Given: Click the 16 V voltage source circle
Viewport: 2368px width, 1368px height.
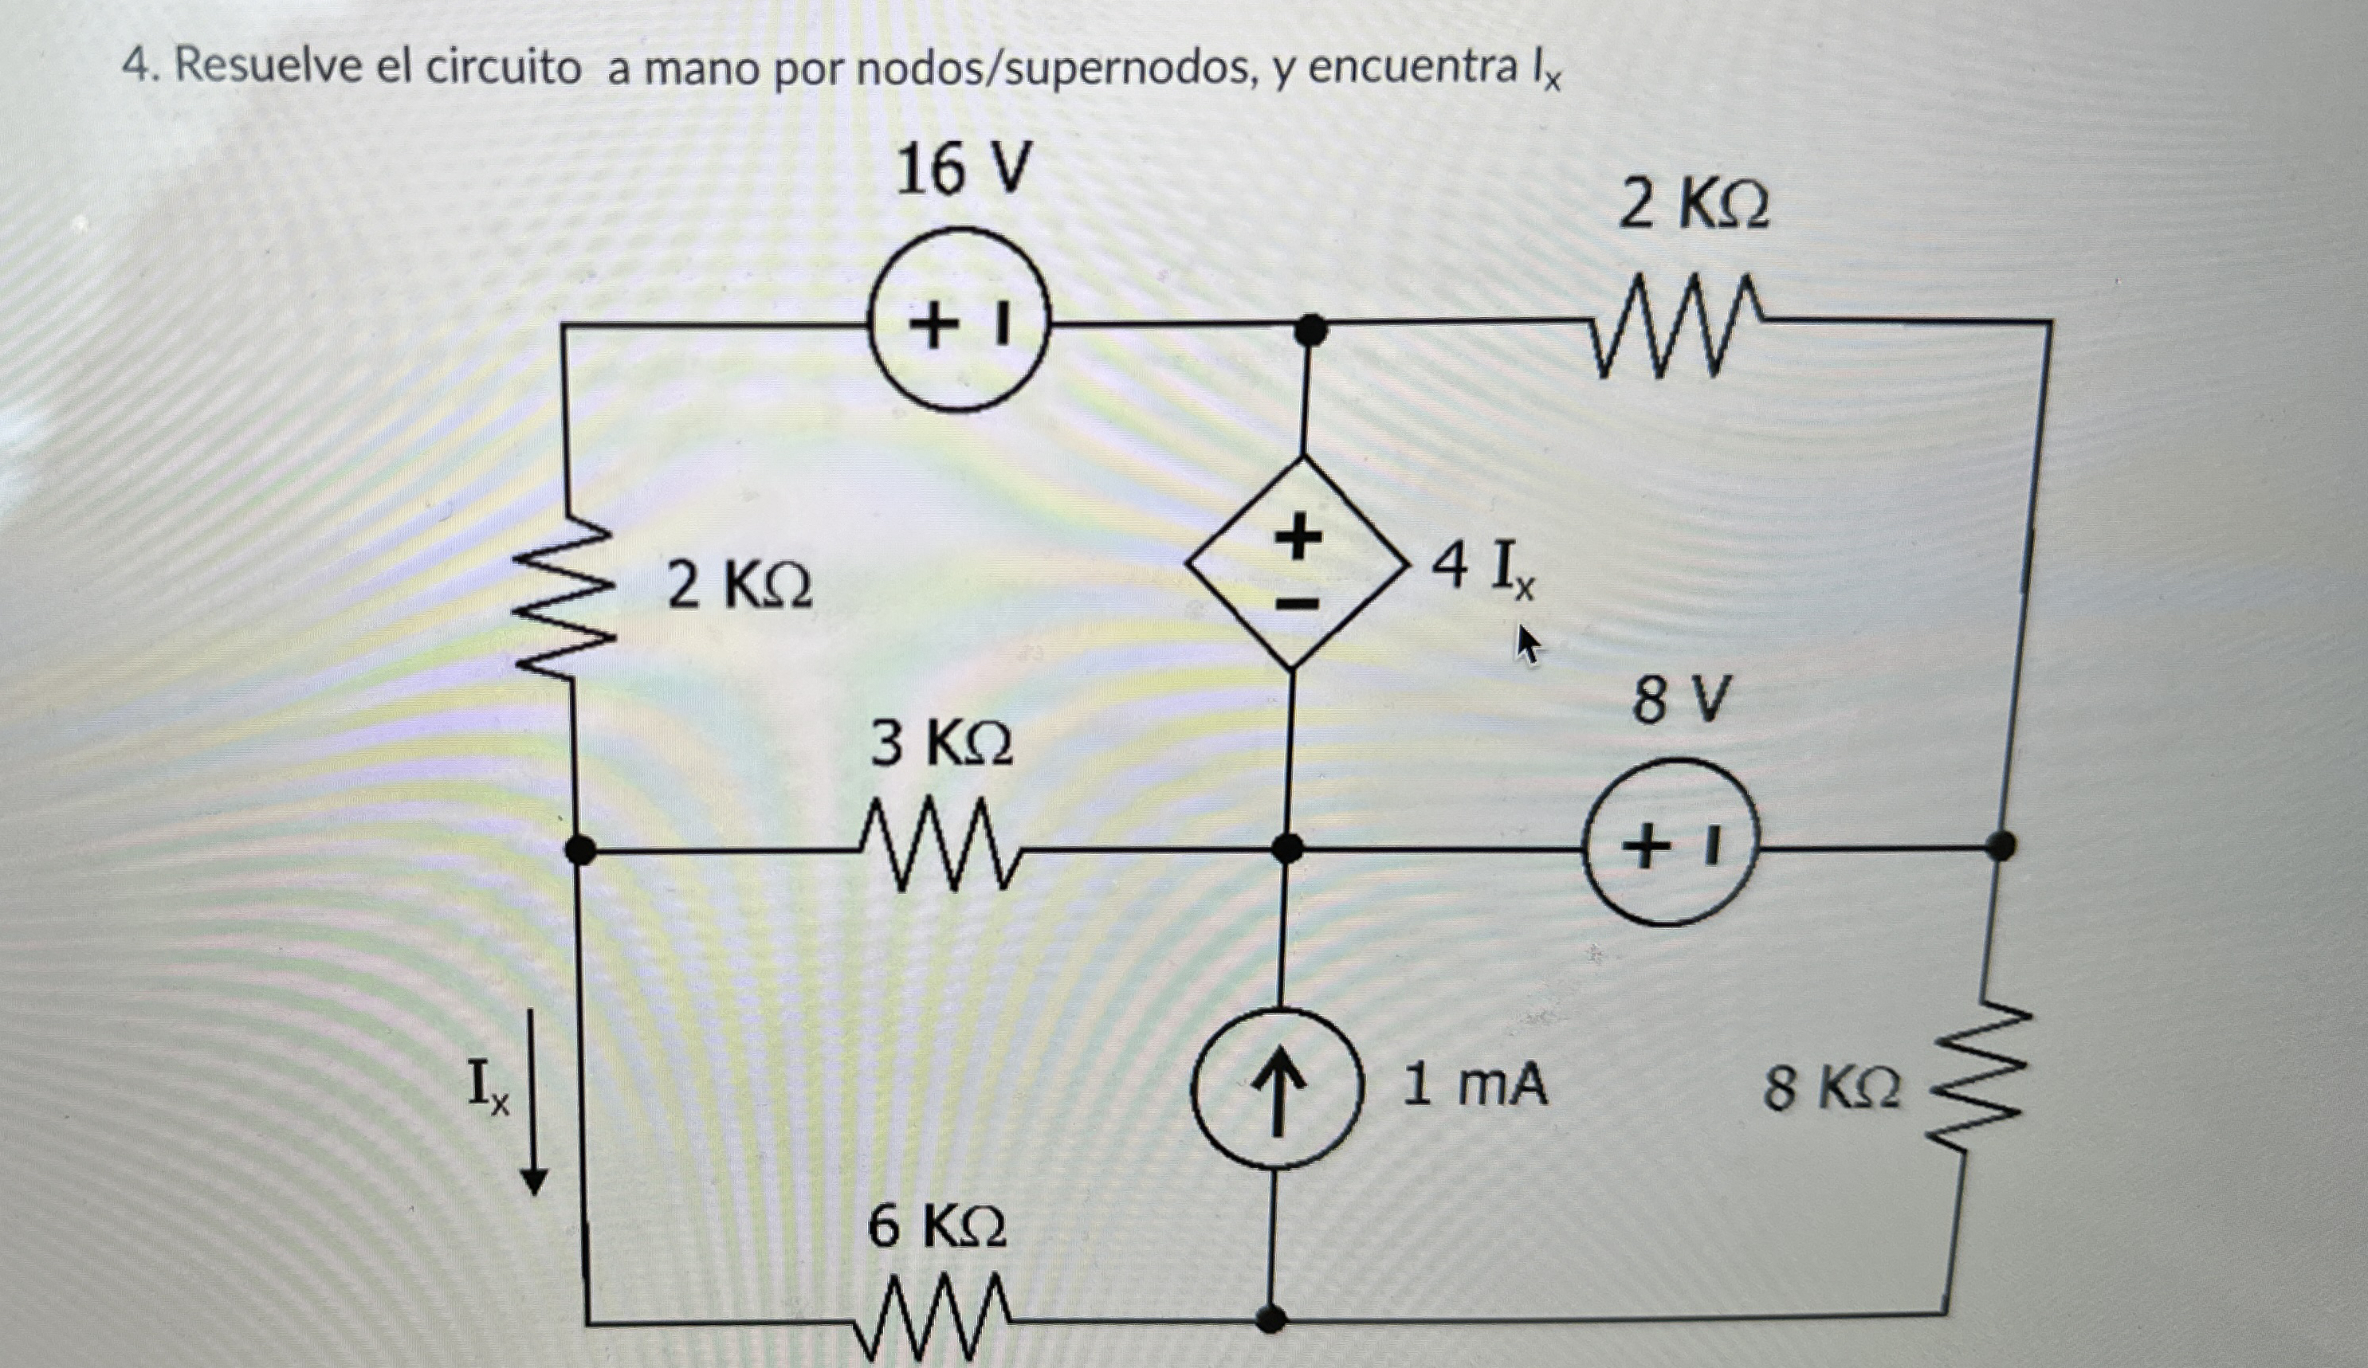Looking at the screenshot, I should (957, 320).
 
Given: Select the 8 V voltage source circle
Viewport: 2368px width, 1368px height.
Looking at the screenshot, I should (1670, 843).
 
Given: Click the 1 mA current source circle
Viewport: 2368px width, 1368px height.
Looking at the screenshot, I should (1276, 1088).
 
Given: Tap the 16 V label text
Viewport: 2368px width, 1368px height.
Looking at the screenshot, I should (964, 170).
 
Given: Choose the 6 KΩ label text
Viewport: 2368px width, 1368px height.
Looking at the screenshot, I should (937, 1226).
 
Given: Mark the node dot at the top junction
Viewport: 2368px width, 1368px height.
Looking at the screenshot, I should (1311, 330).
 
